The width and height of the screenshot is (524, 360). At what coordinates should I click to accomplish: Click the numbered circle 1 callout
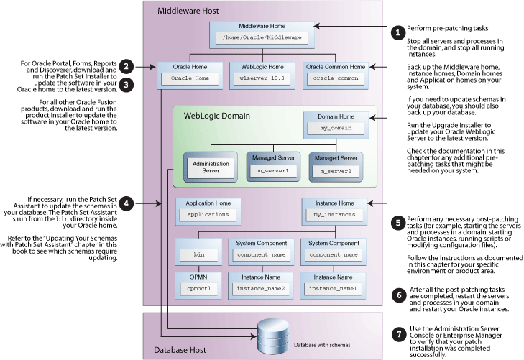397,32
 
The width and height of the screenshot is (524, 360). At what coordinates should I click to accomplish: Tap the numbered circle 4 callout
127,203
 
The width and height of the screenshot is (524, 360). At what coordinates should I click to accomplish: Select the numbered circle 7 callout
397,334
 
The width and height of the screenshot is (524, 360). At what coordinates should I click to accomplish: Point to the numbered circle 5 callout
397,223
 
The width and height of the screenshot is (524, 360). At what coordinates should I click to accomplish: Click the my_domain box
330,127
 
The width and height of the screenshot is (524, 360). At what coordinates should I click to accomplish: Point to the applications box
208,214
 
